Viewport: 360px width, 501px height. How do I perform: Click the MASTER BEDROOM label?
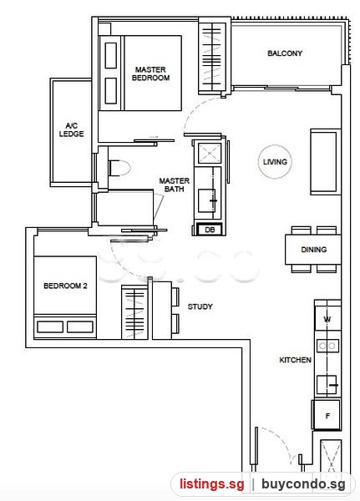[150, 73]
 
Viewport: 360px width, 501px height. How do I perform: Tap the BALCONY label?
[285, 53]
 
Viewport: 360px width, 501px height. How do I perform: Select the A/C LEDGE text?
[71, 129]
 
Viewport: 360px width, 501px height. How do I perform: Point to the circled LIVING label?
[275, 162]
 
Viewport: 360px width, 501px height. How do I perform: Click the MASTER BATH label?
[175, 185]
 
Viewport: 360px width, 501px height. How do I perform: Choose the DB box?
[210, 230]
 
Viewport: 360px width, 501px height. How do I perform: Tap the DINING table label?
[313, 250]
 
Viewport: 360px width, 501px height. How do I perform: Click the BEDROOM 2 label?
[65, 286]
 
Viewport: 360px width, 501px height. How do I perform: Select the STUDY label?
[200, 306]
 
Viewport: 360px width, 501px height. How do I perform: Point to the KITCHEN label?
[295, 360]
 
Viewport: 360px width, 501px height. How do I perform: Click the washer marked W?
[327, 319]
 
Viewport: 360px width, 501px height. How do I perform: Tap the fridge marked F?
[327, 415]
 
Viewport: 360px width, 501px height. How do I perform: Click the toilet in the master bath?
[119, 168]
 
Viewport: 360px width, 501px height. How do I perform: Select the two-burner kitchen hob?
[327, 346]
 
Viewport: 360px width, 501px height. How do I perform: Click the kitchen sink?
[327, 385]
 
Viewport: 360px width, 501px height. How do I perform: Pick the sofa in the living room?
[325, 162]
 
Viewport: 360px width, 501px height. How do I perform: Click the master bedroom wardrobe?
[212, 57]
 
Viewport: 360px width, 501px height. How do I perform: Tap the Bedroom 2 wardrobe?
[134, 312]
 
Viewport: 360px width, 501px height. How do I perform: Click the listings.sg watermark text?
[212, 484]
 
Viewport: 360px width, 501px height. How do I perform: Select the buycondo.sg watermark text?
[303, 484]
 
